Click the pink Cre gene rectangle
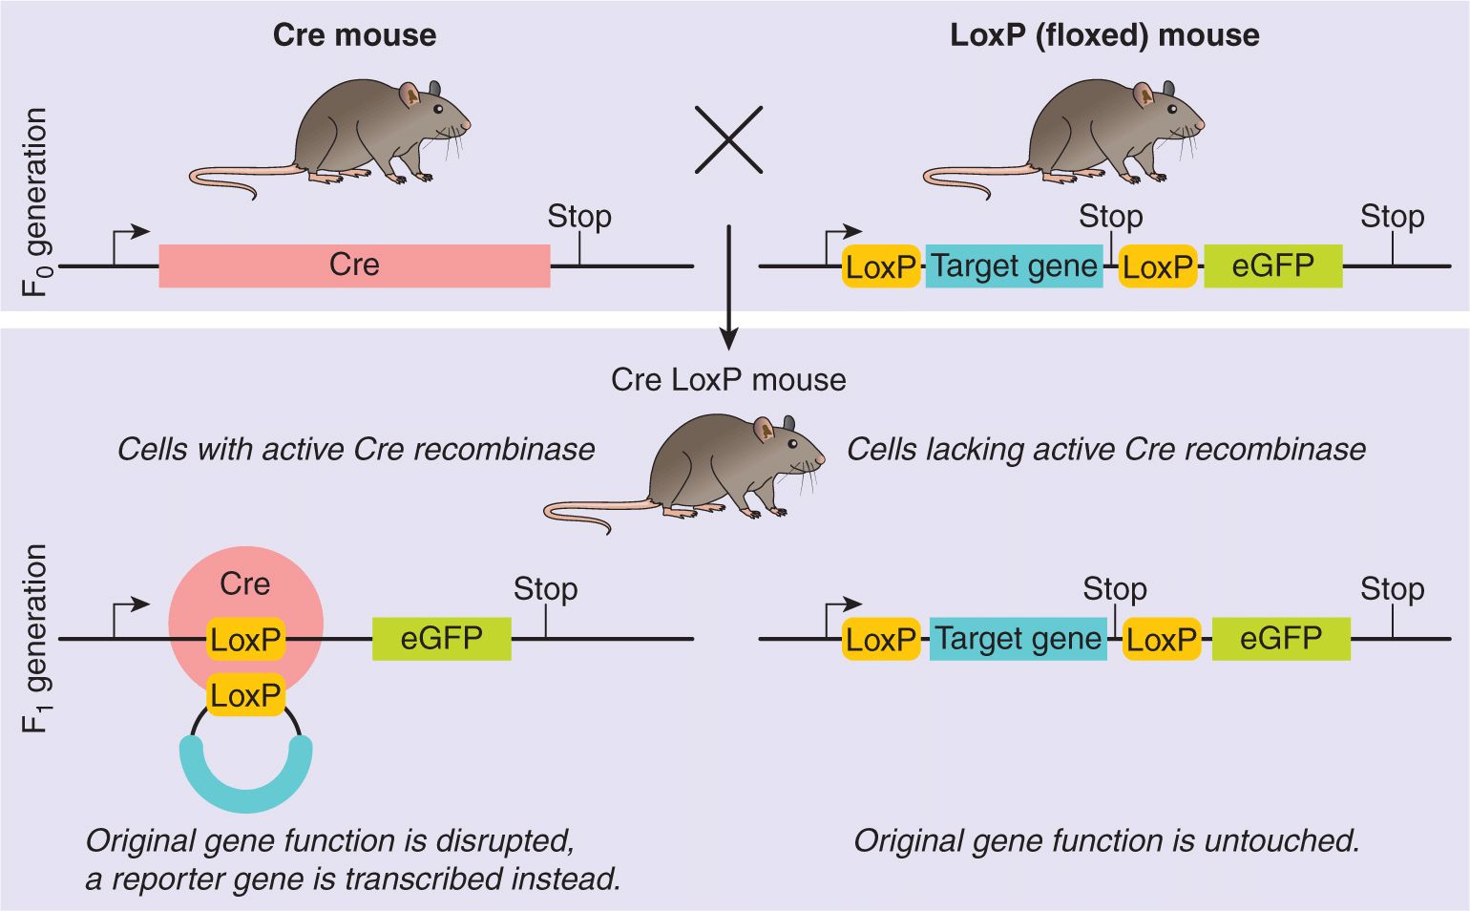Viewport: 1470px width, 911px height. coord(354,265)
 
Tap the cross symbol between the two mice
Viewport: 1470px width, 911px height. coord(728,139)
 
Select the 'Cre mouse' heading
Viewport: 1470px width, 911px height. coord(354,35)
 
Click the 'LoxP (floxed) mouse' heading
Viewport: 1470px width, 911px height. coord(1104,35)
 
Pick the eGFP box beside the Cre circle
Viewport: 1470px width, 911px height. coord(441,638)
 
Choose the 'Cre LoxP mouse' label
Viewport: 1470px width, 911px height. coord(728,380)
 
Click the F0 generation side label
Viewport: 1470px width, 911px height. coord(35,201)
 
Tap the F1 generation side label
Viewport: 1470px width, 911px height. coord(35,638)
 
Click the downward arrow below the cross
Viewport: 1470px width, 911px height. coord(728,286)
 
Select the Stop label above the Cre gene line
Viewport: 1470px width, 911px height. coord(578,217)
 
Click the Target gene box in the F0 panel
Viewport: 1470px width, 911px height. coord(1014,265)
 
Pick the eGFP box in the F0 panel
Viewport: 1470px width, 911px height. coord(1272,265)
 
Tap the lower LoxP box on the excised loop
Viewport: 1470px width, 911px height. coord(245,695)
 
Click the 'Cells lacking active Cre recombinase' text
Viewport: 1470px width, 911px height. coord(1105,449)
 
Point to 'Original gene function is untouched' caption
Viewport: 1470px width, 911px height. coord(1105,840)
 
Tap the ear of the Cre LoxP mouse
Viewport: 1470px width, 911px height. coord(765,429)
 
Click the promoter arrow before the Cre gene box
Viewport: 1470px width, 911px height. coord(129,239)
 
